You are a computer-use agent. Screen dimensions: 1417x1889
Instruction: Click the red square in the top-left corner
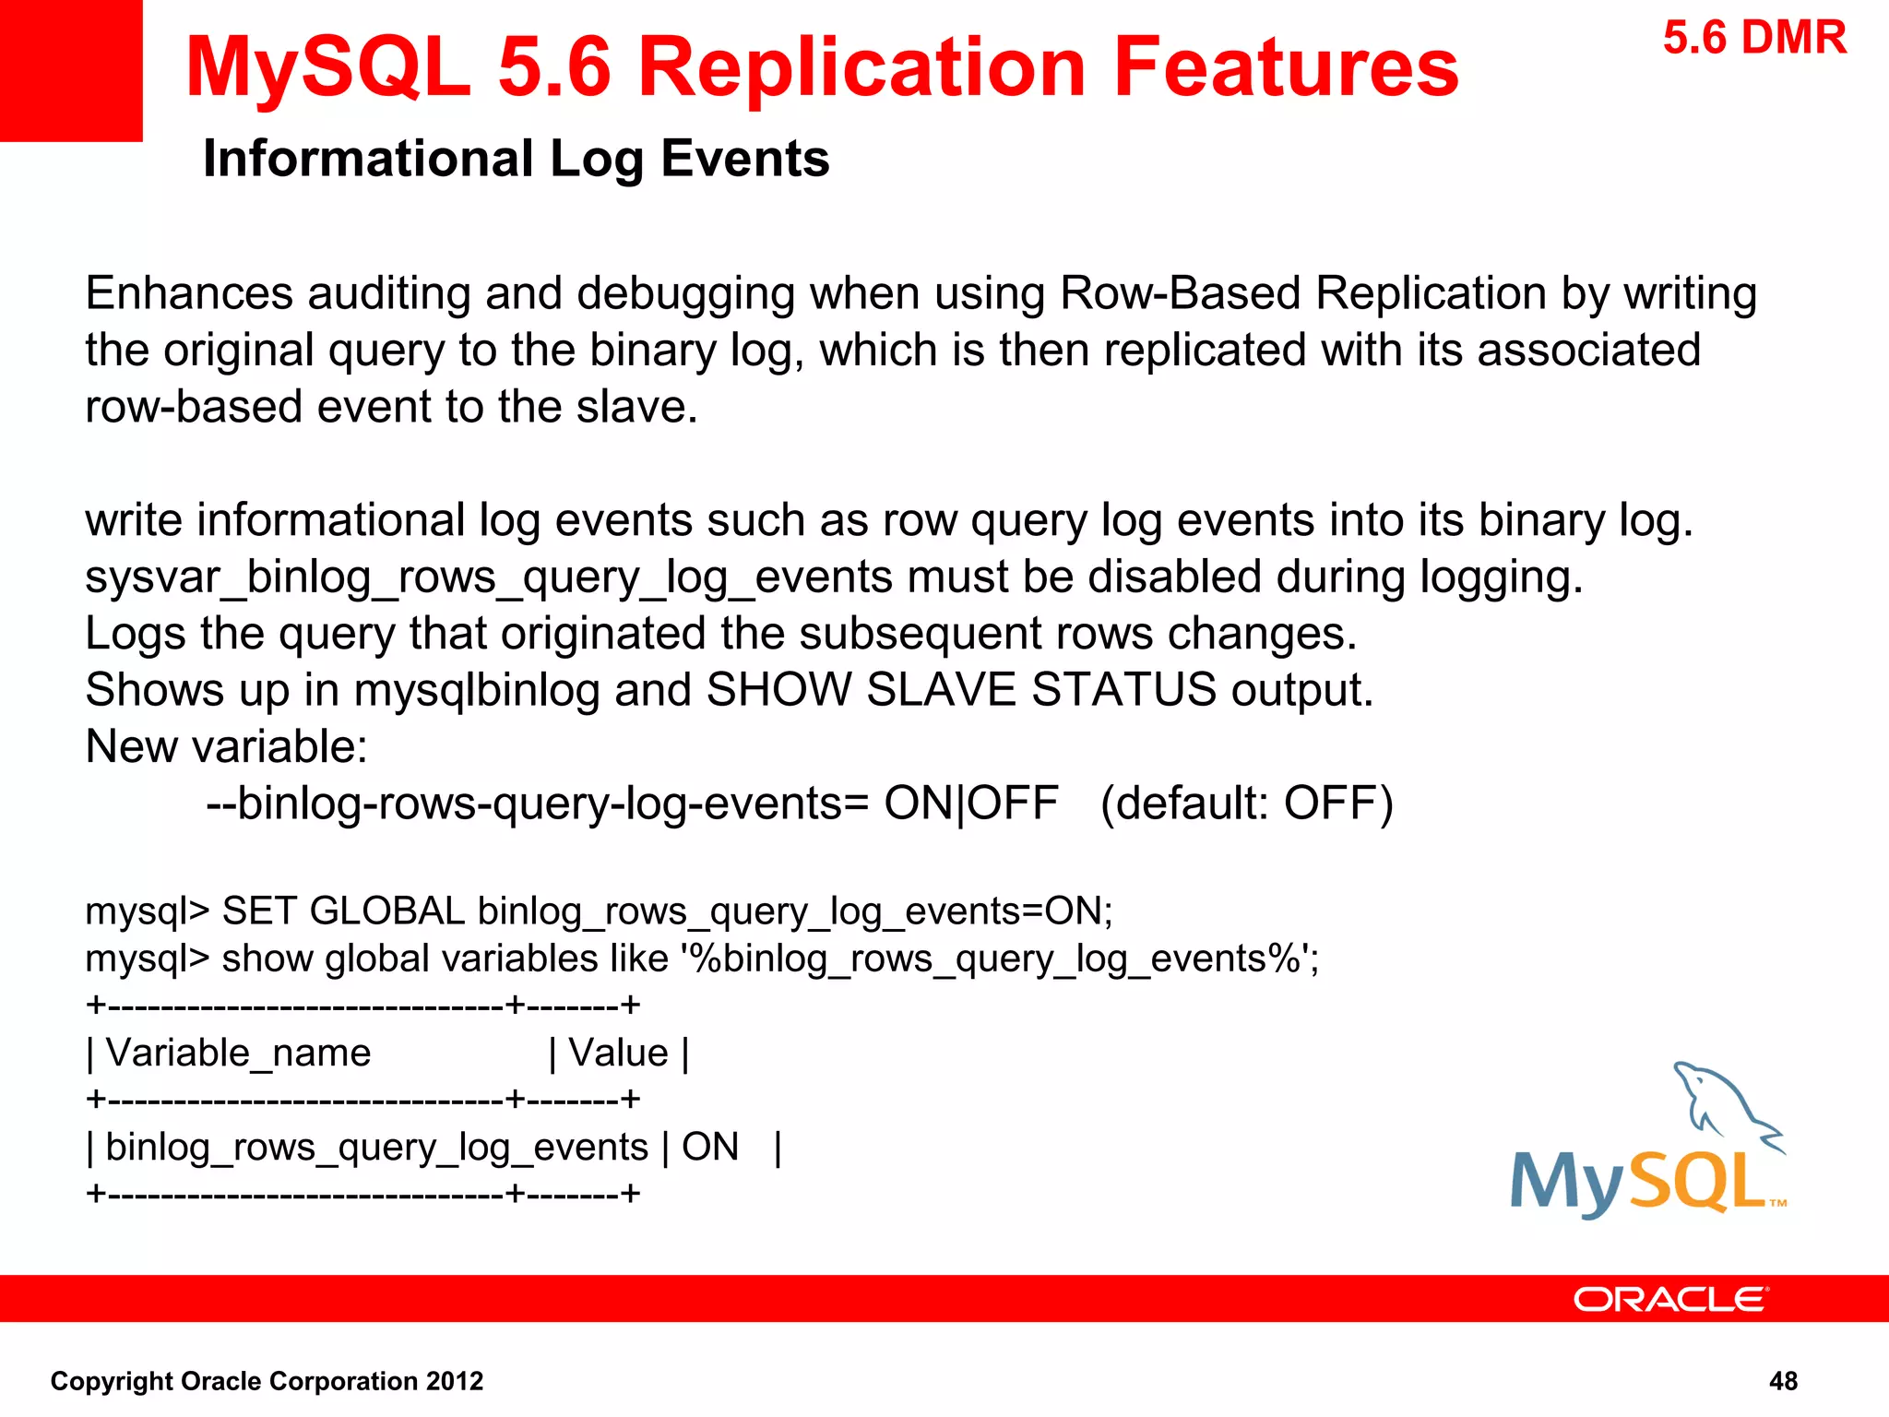pos(71,70)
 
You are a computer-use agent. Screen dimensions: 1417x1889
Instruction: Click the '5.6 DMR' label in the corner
pos(1754,39)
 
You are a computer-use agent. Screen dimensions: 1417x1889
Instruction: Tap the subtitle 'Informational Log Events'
pos(516,159)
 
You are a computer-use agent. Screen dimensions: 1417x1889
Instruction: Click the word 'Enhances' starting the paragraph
pos(189,293)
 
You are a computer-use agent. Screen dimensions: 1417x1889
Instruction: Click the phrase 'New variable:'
pos(226,746)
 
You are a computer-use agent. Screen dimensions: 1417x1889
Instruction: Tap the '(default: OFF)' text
pos(1246,804)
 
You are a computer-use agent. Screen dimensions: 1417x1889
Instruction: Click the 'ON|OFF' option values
pos(970,804)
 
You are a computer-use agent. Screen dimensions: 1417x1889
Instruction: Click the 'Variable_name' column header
pos(238,1053)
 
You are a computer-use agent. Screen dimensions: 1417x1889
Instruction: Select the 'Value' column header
pos(618,1053)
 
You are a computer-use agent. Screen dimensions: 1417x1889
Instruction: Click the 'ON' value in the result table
pos(710,1148)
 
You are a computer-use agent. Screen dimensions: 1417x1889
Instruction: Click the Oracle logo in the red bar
pos(1670,1299)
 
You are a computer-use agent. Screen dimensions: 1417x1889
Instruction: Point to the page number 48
pos(1783,1381)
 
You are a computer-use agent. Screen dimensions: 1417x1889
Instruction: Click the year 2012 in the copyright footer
pos(454,1381)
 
